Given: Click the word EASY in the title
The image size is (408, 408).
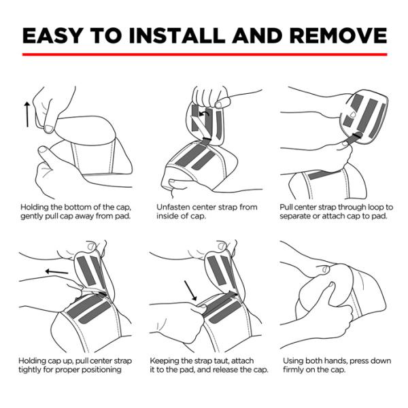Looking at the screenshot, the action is [x=53, y=35].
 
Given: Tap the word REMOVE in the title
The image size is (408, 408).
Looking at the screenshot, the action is [x=338, y=35].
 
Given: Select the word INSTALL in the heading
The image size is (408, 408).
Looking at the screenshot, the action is [x=177, y=35].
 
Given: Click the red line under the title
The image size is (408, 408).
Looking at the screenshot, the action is [x=205, y=54].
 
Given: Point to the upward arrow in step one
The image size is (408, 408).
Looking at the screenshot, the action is [x=27, y=114].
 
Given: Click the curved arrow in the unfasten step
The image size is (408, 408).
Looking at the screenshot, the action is [x=204, y=114].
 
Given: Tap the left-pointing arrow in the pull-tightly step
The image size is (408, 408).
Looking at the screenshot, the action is [x=56, y=272].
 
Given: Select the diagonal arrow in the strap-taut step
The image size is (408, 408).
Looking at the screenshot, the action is [x=190, y=290].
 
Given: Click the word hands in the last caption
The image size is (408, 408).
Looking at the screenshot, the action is [x=335, y=361].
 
